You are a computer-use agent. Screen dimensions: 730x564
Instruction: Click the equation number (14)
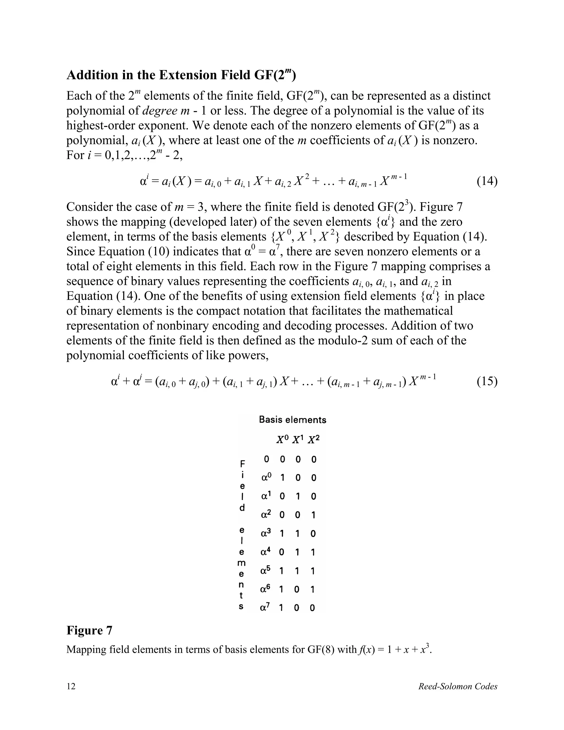tap(487, 182)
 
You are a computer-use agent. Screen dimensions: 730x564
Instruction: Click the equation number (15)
tap(487, 381)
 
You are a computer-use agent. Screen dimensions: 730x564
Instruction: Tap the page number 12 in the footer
tap(71, 686)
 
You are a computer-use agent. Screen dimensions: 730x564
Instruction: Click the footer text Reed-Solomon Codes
tap(458, 686)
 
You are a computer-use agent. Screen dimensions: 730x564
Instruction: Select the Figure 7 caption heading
tap(89, 630)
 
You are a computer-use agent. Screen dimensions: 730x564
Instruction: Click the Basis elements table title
tap(292, 420)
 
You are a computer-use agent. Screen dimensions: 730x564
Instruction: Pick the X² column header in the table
tap(313, 440)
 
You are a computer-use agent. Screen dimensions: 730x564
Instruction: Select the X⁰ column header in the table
tap(282, 440)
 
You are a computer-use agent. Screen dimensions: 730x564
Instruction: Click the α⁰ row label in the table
tap(267, 478)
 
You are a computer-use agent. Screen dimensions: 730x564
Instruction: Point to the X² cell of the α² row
tap(313, 515)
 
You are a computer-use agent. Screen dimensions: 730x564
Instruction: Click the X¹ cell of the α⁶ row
tap(297, 589)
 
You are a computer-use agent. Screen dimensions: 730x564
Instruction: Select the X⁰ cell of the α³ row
tap(282, 534)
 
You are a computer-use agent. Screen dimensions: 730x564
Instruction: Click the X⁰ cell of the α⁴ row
tap(282, 552)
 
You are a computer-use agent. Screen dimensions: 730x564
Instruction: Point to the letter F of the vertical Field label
tap(243, 464)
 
